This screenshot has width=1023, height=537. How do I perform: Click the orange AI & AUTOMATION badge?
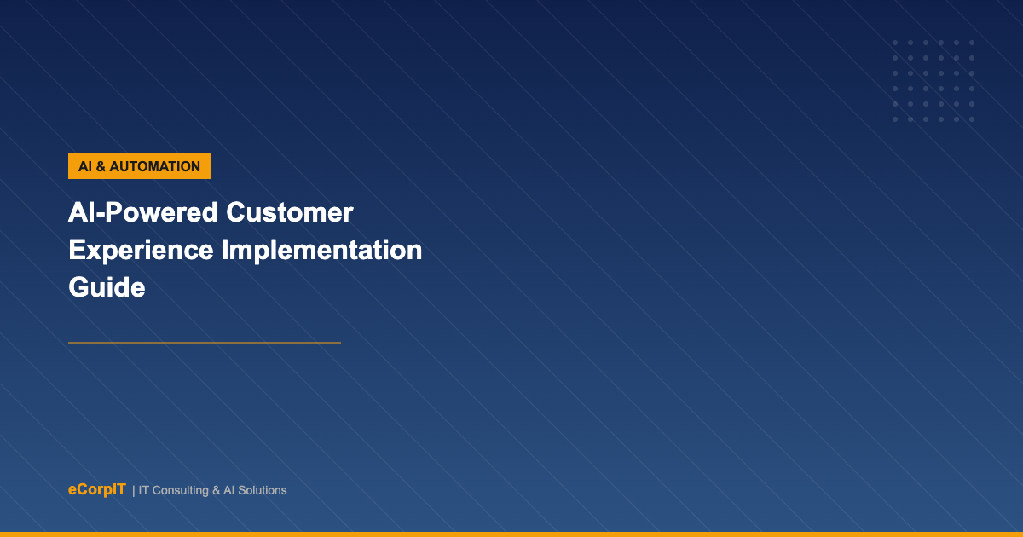pyautogui.click(x=139, y=166)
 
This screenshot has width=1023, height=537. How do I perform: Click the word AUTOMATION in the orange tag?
pyautogui.click(x=155, y=167)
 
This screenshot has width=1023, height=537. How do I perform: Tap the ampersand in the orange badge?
pyautogui.click(x=101, y=167)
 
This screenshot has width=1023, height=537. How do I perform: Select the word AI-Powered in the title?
pyautogui.click(x=143, y=213)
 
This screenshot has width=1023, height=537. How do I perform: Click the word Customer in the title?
pyautogui.click(x=290, y=213)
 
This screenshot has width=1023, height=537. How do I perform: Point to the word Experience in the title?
pyautogui.click(x=141, y=251)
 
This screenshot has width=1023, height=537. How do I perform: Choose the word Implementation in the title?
pyautogui.click(x=321, y=251)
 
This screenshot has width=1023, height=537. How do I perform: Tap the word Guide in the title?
pyautogui.click(x=107, y=287)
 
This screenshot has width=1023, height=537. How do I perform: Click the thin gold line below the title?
pyautogui.click(x=205, y=343)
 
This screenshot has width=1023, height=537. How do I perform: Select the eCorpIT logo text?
pyautogui.click(x=97, y=489)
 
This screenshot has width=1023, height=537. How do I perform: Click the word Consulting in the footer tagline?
pyautogui.click(x=181, y=490)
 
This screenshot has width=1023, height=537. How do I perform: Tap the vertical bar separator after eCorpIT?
pyautogui.click(x=133, y=491)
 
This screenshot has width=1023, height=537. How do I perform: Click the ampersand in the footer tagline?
pyautogui.click(x=216, y=490)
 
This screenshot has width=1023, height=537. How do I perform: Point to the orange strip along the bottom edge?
pyautogui.click(x=511, y=534)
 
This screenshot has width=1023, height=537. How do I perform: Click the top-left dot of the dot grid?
pyautogui.click(x=895, y=43)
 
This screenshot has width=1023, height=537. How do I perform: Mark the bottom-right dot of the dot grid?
pyautogui.click(x=972, y=119)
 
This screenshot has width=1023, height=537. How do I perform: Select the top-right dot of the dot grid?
pyautogui.click(x=972, y=43)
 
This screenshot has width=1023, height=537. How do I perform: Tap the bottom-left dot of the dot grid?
pyautogui.click(x=895, y=119)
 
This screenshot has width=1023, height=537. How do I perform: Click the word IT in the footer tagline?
pyautogui.click(x=143, y=490)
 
